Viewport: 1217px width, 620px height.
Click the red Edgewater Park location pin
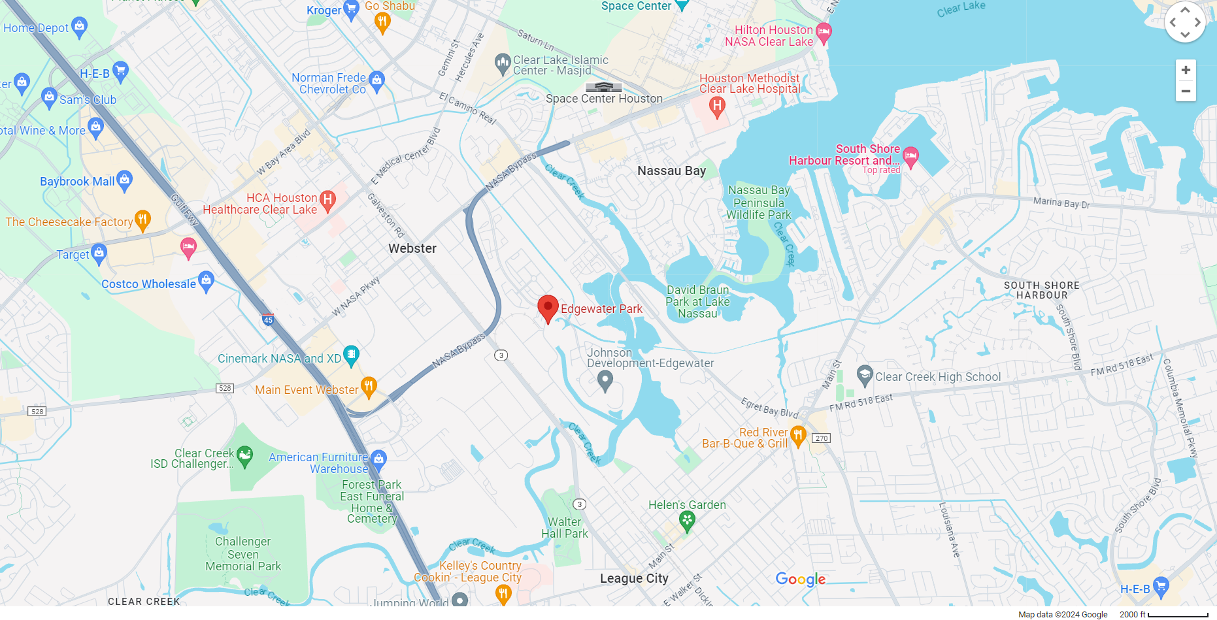[x=548, y=308]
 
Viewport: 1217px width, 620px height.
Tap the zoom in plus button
[x=1186, y=70]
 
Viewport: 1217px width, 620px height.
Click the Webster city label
[x=412, y=248]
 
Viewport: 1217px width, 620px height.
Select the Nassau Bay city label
[x=671, y=171]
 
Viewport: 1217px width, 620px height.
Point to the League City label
[x=634, y=578]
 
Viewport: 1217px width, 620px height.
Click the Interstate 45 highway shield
[x=268, y=320]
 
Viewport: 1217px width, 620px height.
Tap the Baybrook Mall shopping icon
[x=124, y=180]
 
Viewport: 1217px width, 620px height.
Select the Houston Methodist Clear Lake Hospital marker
[x=717, y=106]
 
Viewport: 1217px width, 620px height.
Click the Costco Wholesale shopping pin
[x=206, y=281]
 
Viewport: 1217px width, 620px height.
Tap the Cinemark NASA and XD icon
[x=351, y=355]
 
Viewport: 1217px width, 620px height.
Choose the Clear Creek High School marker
[x=865, y=375]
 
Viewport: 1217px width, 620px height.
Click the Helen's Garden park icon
[x=687, y=521]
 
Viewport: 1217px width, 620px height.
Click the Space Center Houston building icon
[x=603, y=87]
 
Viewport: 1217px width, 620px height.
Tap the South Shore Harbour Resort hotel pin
[x=910, y=155]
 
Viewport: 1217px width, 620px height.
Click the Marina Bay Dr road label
[x=1061, y=203]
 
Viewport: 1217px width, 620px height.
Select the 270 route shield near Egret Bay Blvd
[x=822, y=438]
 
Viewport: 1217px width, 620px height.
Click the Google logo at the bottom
[x=800, y=579]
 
